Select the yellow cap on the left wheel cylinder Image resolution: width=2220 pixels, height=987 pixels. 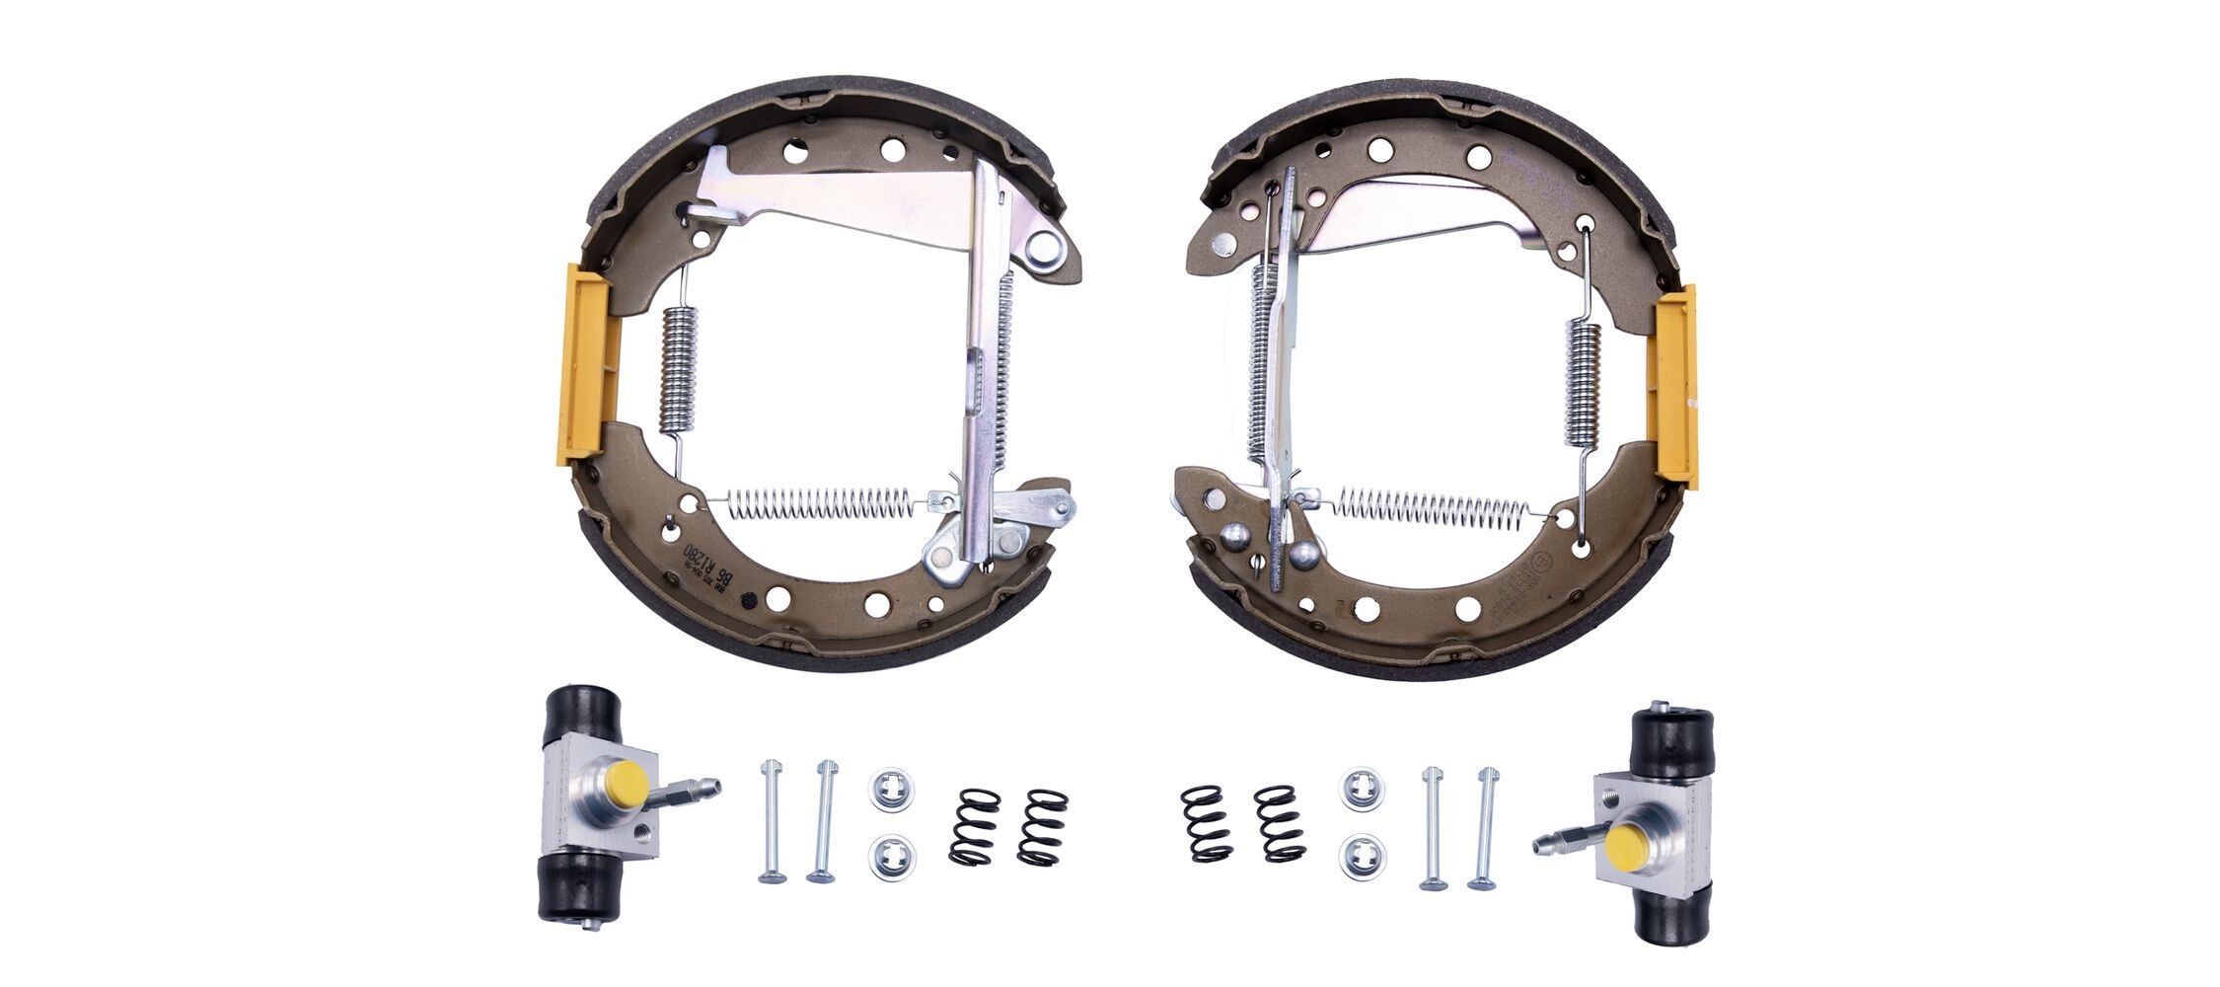click(x=629, y=782)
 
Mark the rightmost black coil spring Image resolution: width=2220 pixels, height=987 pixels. click(x=1280, y=823)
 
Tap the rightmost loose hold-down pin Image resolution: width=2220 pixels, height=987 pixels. click(x=1482, y=827)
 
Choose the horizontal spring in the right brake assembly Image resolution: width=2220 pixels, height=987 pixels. click(x=1432, y=508)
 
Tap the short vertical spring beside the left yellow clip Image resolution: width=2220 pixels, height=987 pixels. click(x=678, y=369)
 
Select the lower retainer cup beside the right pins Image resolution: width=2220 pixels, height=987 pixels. click(x=1362, y=856)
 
